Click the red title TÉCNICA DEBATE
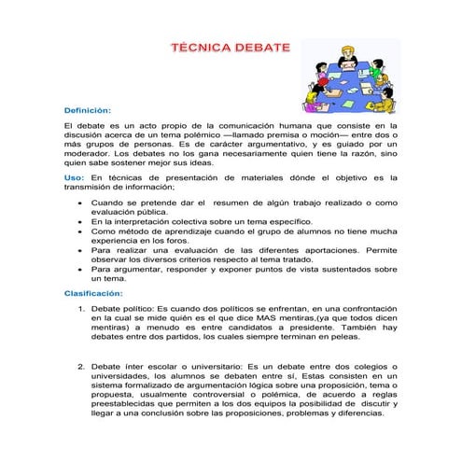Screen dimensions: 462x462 (231, 47)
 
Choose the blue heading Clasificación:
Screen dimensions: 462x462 (93, 292)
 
